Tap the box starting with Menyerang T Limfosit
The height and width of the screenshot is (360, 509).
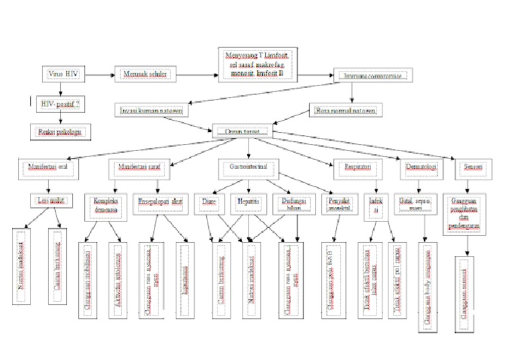(258, 64)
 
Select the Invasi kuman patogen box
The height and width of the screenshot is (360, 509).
(152, 109)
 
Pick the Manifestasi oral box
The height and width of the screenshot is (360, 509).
(50, 167)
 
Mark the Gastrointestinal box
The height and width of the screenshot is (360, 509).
(249, 166)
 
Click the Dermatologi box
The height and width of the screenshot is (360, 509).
(420, 167)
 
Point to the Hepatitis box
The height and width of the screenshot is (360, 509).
(249, 200)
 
